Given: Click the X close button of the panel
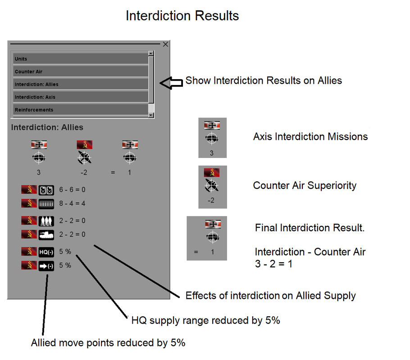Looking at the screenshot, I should click(165, 44).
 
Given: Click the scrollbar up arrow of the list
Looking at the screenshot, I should click(151, 54).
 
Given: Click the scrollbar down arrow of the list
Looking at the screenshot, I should click(151, 115).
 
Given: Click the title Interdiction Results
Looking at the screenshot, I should click(182, 16).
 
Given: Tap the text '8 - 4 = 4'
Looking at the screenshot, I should click(72, 203).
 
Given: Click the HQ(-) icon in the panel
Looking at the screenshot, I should click(46, 252).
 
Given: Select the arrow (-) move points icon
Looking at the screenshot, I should click(46, 265).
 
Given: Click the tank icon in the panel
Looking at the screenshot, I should click(46, 234).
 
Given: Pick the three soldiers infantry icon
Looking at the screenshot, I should click(46, 220).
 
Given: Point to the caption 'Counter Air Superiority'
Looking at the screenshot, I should click(305, 185).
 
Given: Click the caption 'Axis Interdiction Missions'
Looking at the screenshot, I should click(310, 136).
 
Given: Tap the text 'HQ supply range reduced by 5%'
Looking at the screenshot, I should click(205, 320).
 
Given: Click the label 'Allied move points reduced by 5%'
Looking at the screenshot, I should click(108, 342).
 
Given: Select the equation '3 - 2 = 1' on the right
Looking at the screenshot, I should click(273, 264).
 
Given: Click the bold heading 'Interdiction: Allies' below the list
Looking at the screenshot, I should click(47, 127).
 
